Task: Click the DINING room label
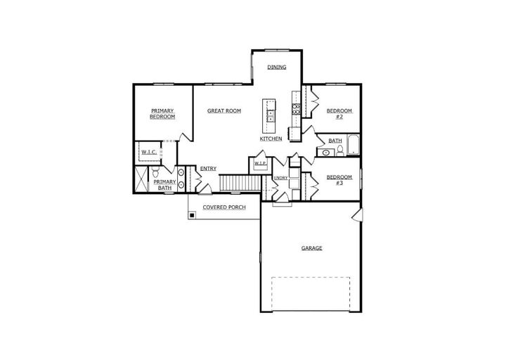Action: point(277,67)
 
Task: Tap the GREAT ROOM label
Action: point(224,111)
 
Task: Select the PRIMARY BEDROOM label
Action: point(162,114)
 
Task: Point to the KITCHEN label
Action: point(271,139)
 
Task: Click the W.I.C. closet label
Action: point(149,152)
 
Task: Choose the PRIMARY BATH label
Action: point(164,185)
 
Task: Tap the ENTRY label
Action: point(208,169)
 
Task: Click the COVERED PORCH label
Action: point(224,207)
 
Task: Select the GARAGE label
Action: point(312,248)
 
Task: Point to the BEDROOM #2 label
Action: point(339,114)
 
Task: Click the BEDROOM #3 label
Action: point(339,180)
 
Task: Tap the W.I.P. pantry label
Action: point(261,163)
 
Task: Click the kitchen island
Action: point(268,115)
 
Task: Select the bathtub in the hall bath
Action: point(353,145)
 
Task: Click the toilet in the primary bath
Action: point(155,172)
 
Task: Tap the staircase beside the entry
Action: point(240,183)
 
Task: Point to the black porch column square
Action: point(192,214)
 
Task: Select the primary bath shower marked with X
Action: point(141,179)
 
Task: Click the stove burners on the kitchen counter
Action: point(297,109)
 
